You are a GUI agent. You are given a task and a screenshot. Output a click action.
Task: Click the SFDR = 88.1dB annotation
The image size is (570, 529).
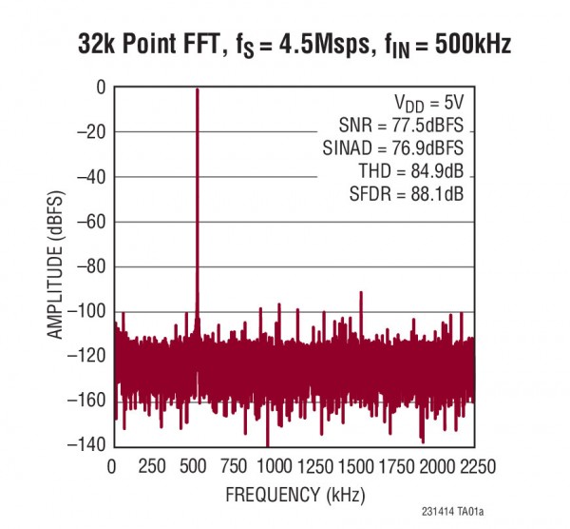pos(407,196)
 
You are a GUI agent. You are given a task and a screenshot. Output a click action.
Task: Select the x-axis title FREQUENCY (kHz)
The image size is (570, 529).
pos(294,495)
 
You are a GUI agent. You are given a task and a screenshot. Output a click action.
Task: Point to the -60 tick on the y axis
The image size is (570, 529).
pos(85,222)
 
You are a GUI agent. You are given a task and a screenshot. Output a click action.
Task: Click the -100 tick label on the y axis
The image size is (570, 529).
pos(82,311)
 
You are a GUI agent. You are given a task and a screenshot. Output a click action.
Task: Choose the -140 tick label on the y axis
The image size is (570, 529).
pos(82,445)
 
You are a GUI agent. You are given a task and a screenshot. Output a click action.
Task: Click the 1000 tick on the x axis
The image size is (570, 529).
pos(273,466)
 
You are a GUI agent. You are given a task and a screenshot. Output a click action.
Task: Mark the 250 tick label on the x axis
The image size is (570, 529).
pos(152,466)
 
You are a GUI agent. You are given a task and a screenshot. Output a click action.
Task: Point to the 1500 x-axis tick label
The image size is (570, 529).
pos(356,466)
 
